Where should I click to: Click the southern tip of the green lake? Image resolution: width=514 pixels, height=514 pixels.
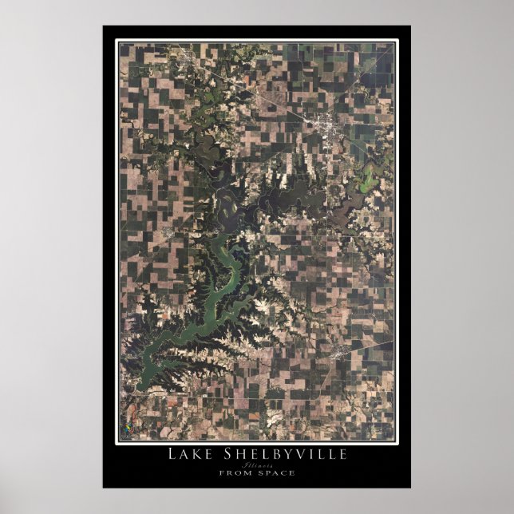click(142, 386)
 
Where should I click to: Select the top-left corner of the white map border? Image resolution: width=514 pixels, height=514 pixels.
click(117, 40)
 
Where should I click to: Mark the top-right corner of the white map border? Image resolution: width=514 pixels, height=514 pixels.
click(397, 40)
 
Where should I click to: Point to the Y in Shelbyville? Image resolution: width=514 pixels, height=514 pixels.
click(283, 454)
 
